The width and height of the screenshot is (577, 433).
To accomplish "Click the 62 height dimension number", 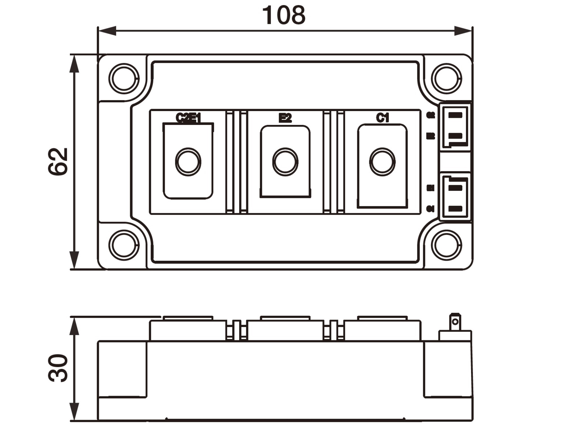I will [x=58, y=162].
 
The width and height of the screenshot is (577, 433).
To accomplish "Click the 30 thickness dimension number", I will [x=58, y=368].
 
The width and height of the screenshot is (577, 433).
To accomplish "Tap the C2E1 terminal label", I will [x=188, y=118].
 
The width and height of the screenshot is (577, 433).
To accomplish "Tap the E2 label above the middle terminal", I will [x=285, y=118].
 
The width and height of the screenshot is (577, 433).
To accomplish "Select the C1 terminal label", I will [x=382, y=118].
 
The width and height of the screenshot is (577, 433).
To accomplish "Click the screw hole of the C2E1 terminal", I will [x=188, y=162].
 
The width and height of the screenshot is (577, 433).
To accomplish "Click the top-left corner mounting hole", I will [x=124, y=79].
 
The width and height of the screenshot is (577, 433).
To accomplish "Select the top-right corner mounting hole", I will [x=447, y=79].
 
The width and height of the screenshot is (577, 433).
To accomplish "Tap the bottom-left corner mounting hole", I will [x=124, y=245].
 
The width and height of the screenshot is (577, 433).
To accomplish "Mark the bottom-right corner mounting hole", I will [x=447, y=245].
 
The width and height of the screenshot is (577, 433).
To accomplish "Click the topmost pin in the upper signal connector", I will [x=455, y=115].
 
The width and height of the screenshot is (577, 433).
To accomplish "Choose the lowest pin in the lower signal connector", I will [x=455, y=209].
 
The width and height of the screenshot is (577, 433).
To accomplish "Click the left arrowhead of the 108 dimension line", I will [x=107, y=31].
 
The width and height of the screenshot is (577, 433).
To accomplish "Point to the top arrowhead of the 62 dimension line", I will [x=74, y=63].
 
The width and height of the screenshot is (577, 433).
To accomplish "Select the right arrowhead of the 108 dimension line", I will [x=463, y=31].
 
